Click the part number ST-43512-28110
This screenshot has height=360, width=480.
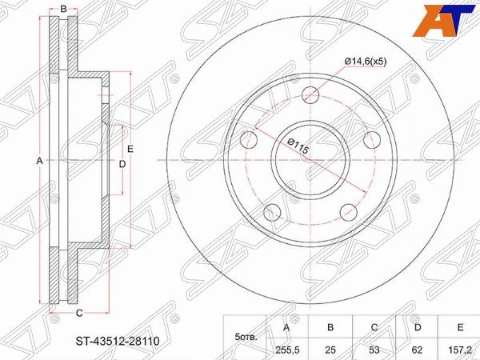118,341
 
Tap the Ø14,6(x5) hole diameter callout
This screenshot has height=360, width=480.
366,62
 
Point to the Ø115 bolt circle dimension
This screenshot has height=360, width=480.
298,146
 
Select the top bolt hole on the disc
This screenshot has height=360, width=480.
310,94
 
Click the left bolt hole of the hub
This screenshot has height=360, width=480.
249,139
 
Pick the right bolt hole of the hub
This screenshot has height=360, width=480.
372,139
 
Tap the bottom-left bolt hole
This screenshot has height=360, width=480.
272,212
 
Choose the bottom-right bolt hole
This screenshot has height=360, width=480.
349,212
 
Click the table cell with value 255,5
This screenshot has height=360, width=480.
286,350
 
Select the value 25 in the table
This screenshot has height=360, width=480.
330,350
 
